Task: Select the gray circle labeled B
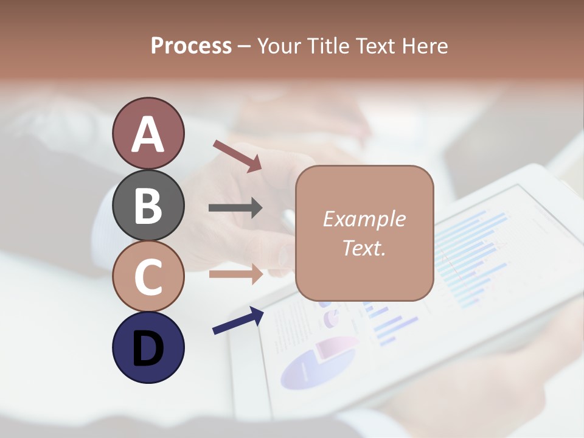pos(148,205)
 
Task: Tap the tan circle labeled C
pos(148,276)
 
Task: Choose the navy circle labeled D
pos(148,347)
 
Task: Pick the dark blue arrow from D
pos(238,321)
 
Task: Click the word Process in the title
pos(191,46)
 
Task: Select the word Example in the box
pos(364,219)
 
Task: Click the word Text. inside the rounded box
pos(364,248)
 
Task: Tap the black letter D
pos(148,349)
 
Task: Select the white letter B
pos(148,206)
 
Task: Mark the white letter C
pos(148,277)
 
